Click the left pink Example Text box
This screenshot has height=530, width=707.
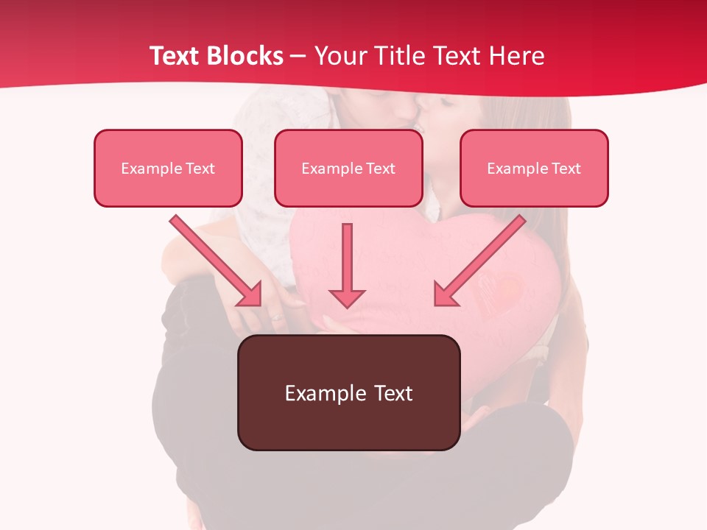[168, 168]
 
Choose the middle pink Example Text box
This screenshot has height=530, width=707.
[348, 168]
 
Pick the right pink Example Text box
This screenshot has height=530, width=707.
[534, 168]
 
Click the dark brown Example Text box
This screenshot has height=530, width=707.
[348, 392]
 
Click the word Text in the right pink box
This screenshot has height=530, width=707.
[566, 169]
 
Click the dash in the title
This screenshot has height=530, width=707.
[299, 56]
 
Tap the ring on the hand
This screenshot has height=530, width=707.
[275, 318]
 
